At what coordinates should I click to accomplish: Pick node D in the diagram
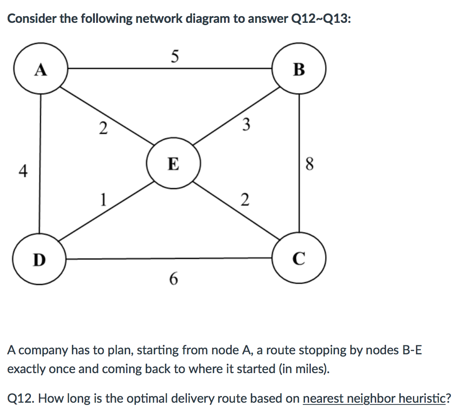[x=40, y=259]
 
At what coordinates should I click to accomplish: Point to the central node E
[x=174, y=163]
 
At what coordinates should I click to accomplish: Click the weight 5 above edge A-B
[x=174, y=56]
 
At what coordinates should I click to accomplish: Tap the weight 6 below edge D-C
[x=174, y=279]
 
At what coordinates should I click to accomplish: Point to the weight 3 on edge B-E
[x=245, y=124]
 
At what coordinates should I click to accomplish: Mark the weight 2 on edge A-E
[x=103, y=128]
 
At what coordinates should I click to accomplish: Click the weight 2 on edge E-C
[x=245, y=199]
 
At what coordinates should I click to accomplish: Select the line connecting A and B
[x=170, y=69]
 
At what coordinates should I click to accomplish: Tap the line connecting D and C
[x=170, y=258]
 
